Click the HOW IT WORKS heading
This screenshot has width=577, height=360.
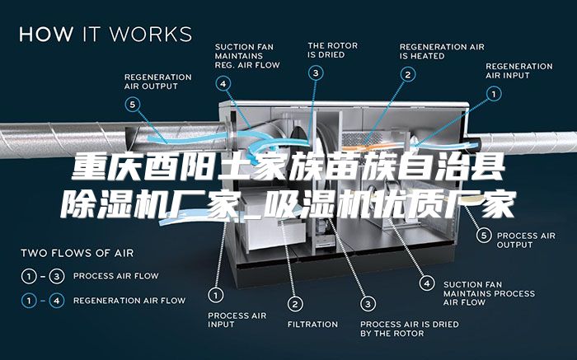[x=106, y=34]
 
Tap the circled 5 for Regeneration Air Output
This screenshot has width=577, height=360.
[x=133, y=105]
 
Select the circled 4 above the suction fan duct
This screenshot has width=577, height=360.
[x=223, y=84]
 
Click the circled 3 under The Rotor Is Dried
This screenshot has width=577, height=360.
[x=316, y=73]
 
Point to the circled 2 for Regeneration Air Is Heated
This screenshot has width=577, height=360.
[x=408, y=75]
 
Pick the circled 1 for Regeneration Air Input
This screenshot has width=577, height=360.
[x=494, y=94]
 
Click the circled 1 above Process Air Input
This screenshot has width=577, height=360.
[x=216, y=295]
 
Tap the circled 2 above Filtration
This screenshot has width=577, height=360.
[x=295, y=304]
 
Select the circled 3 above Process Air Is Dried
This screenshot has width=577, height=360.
[x=368, y=304]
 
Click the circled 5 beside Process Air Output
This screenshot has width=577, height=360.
[x=485, y=235]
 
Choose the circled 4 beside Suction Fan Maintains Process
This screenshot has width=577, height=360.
[x=427, y=283]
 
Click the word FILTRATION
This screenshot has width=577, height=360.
[x=312, y=325]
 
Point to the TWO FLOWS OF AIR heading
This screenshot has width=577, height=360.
[x=77, y=254]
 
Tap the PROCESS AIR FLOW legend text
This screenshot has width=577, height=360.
[x=116, y=276]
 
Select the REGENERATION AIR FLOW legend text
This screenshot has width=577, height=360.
[x=129, y=301]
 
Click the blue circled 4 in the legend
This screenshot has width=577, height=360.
[x=57, y=302]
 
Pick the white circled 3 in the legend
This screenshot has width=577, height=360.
[x=57, y=276]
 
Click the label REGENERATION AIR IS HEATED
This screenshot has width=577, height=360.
[x=442, y=51]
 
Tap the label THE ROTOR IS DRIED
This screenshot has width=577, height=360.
[x=333, y=50]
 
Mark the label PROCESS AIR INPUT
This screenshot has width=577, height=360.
[x=237, y=320]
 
